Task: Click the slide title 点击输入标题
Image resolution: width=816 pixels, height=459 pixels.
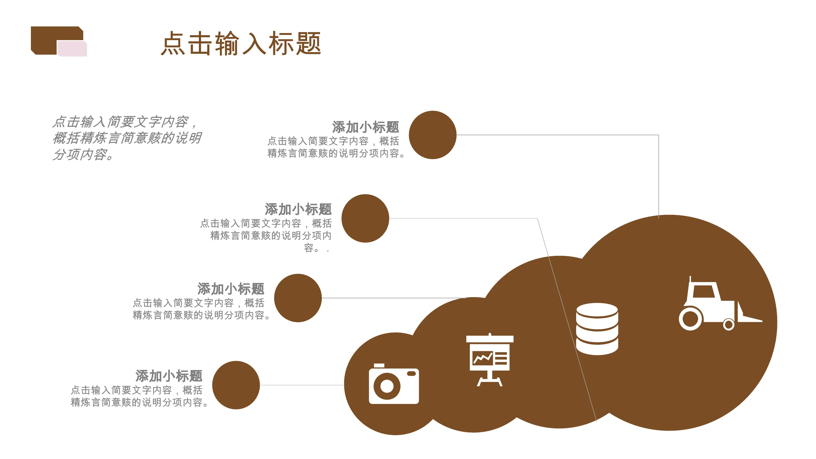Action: click(241, 43)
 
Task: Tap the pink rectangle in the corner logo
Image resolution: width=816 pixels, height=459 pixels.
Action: click(72, 48)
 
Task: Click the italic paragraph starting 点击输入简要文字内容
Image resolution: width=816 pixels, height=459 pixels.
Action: click(127, 138)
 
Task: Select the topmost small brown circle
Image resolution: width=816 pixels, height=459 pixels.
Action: click(432, 135)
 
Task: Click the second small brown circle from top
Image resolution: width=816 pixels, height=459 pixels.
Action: click(365, 218)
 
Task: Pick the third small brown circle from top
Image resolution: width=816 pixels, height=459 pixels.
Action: click(298, 298)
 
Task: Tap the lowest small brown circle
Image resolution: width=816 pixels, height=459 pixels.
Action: click(236, 385)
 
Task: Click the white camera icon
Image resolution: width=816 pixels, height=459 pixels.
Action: click(394, 384)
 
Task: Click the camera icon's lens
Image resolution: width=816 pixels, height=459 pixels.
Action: click(387, 386)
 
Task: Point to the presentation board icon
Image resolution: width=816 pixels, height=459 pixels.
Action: click(490, 360)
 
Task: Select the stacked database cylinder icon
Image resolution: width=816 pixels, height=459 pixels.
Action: click(597, 329)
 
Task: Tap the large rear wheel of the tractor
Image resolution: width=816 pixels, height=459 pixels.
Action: click(691, 319)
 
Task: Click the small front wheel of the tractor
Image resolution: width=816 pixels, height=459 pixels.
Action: click(728, 324)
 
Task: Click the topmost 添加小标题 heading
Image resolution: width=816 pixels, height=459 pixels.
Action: click(366, 127)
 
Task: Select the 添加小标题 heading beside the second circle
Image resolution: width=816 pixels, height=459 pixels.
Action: click(298, 209)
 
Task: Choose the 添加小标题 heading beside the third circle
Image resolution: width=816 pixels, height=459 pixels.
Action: click(231, 289)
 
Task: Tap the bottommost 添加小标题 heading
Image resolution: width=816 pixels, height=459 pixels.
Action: click(169, 376)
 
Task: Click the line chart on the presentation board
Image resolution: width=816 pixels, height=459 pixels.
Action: click(483, 358)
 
